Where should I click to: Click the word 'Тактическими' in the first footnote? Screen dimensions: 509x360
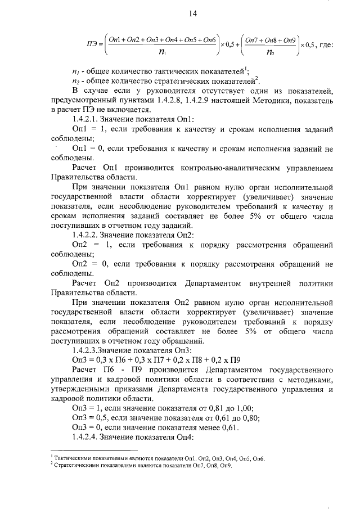(x=71, y=459)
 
